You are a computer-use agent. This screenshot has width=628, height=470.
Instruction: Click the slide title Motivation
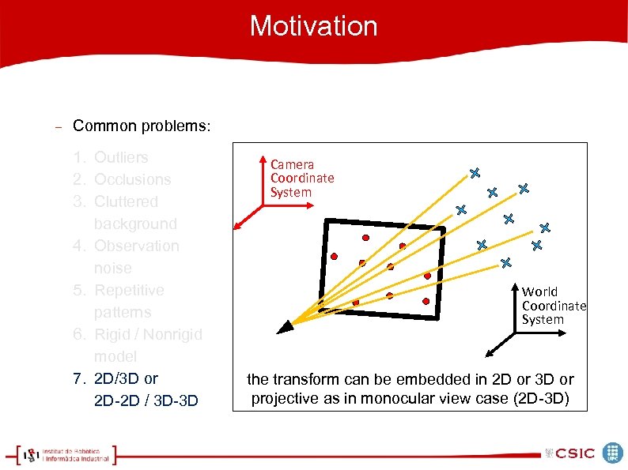click(313, 26)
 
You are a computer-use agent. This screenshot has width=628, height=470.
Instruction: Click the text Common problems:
click(142, 126)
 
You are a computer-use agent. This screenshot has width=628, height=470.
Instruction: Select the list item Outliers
click(121, 158)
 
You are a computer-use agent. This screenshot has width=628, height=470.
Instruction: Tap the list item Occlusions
click(132, 180)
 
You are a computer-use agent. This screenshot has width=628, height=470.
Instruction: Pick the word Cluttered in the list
click(126, 202)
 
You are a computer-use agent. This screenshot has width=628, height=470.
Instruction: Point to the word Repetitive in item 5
click(129, 291)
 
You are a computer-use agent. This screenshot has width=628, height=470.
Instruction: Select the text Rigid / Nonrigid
click(148, 335)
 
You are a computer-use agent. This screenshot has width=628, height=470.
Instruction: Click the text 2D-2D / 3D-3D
click(146, 401)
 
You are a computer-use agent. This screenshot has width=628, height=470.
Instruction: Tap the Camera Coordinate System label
click(301, 179)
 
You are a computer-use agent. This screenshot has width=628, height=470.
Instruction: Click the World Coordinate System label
click(553, 306)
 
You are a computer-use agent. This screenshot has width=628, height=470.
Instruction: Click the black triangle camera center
click(282, 327)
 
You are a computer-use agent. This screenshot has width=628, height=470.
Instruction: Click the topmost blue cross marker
click(475, 172)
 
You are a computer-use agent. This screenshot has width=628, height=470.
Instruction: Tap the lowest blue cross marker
click(506, 261)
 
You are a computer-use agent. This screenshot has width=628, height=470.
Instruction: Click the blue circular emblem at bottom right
click(613, 453)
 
